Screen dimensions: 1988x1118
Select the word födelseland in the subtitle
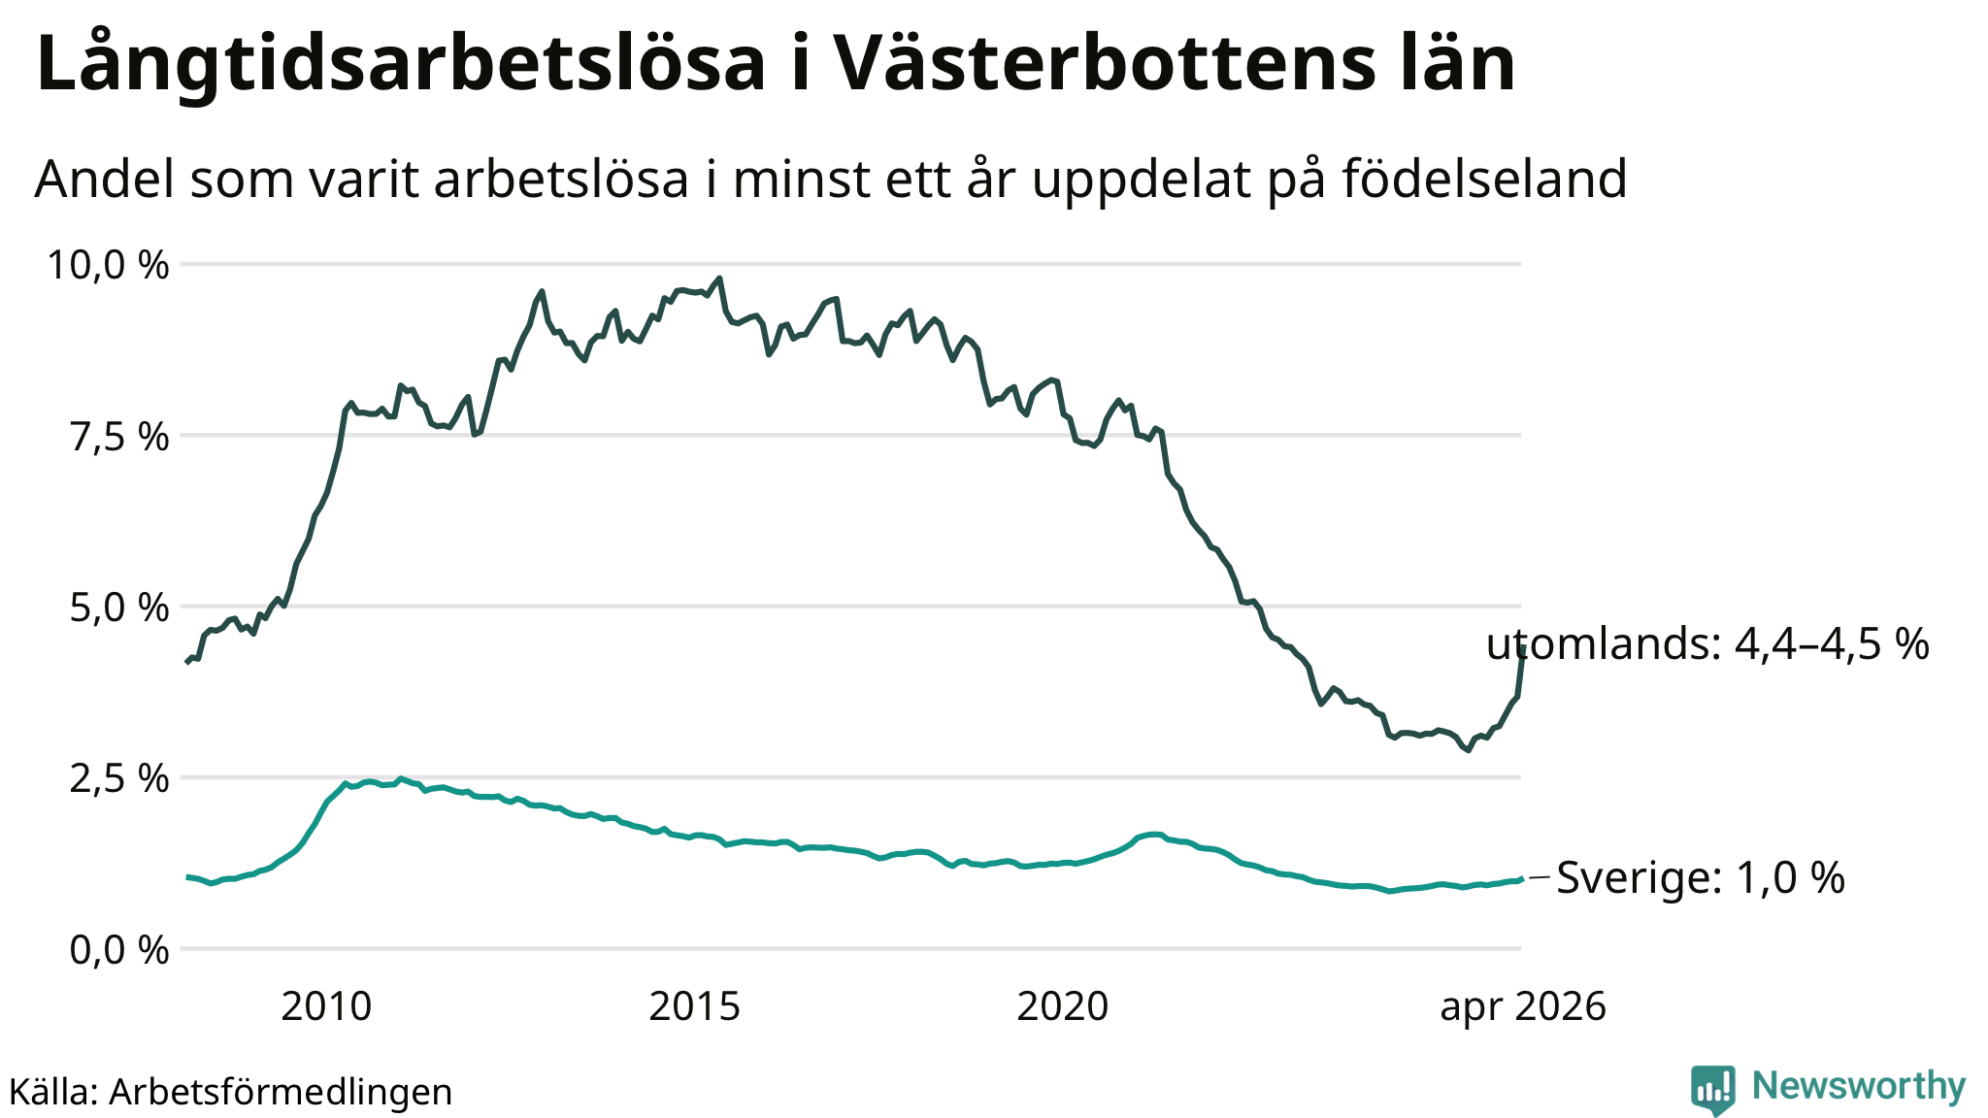(x=1485, y=180)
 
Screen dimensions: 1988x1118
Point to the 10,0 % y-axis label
(x=109, y=265)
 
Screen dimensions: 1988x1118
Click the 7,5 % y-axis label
(x=119, y=437)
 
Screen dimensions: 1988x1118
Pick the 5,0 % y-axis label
(x=119, y=608)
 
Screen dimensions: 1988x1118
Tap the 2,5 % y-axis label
(x=119, y=778)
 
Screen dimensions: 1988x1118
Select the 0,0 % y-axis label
(x=119, y=949)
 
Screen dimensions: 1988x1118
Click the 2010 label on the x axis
(x=326, y=1007)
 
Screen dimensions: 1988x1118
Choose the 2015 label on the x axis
(x=694, y=1007)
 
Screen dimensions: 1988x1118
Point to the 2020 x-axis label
(x=1062, y=1007)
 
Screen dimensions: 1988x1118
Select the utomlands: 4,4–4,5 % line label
(x=1707, y=644)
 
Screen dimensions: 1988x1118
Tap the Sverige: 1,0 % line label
(x=1701, y=878)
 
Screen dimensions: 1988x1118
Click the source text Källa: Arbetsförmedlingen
(x=231, y=1092)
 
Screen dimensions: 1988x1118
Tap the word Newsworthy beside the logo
(x=1859, y=1086)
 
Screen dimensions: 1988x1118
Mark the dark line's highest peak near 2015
(x=719, y=279)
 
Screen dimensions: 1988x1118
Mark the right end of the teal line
(x=1520, y=879)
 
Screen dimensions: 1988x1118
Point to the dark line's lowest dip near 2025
(x=1469, y=750)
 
